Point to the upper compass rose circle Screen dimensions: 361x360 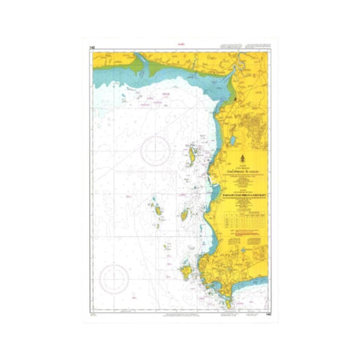click(x=157, y=149)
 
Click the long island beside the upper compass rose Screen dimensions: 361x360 click(x=192, y=156)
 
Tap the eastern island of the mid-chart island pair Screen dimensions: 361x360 click(x=184, y=216)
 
